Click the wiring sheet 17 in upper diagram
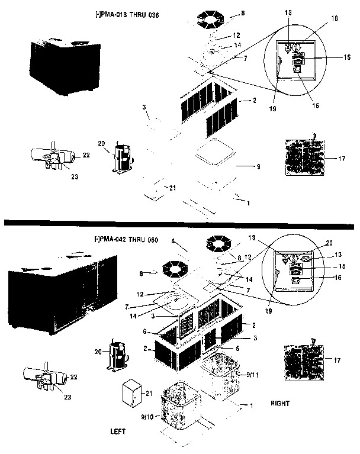coord(304,155)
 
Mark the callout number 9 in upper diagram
coord(258,168)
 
